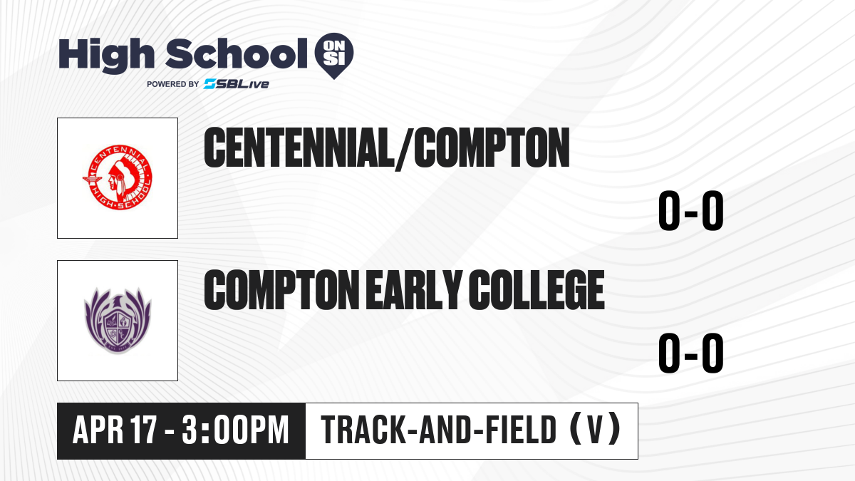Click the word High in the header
[106, 56]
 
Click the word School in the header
[237, 53]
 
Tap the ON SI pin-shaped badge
[334, 56]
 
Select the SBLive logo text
[237, 83]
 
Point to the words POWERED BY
[173, 84]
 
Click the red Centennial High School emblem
[118, 177]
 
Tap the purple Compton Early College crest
[118, 321]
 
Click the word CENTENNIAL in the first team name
[299, 148]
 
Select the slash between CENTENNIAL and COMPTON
[404, 149]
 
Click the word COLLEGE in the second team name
[537, 290]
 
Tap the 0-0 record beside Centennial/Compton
[691, 211]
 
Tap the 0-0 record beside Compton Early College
[691, 353]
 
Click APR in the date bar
[98, 430]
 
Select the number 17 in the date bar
[143, 430]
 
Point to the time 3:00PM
[235, 430]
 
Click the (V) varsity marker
[595, 429]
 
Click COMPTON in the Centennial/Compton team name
[492, 148]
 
